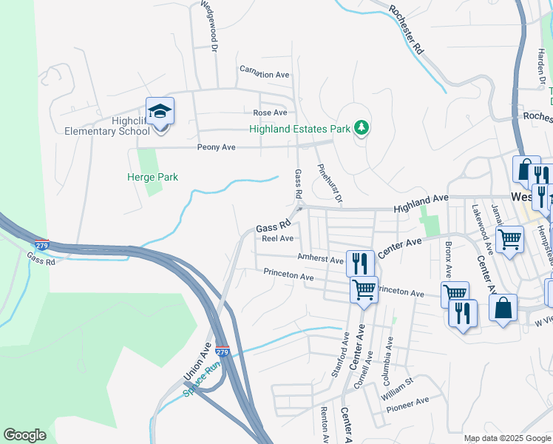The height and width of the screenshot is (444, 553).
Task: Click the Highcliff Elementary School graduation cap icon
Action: [x=160, y=112]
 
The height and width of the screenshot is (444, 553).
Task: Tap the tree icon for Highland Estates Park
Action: [x=362, y=128]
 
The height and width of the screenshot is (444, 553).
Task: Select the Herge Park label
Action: [x=152, y=178]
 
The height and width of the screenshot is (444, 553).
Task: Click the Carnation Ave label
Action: [x=264, y=75]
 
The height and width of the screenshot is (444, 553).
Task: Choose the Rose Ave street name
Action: [x=270, y=112]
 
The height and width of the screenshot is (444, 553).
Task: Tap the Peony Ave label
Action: [x=216, y=147]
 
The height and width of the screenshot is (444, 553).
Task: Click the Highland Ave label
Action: [x=421, y=199]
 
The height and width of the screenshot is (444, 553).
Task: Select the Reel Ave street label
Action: [x=278, y=238]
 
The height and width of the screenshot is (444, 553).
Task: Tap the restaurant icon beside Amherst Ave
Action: [x=360, y=263]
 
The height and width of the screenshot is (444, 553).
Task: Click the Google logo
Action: [x=24, y=435]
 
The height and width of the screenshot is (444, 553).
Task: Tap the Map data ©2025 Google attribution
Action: [x=506, y=438]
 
